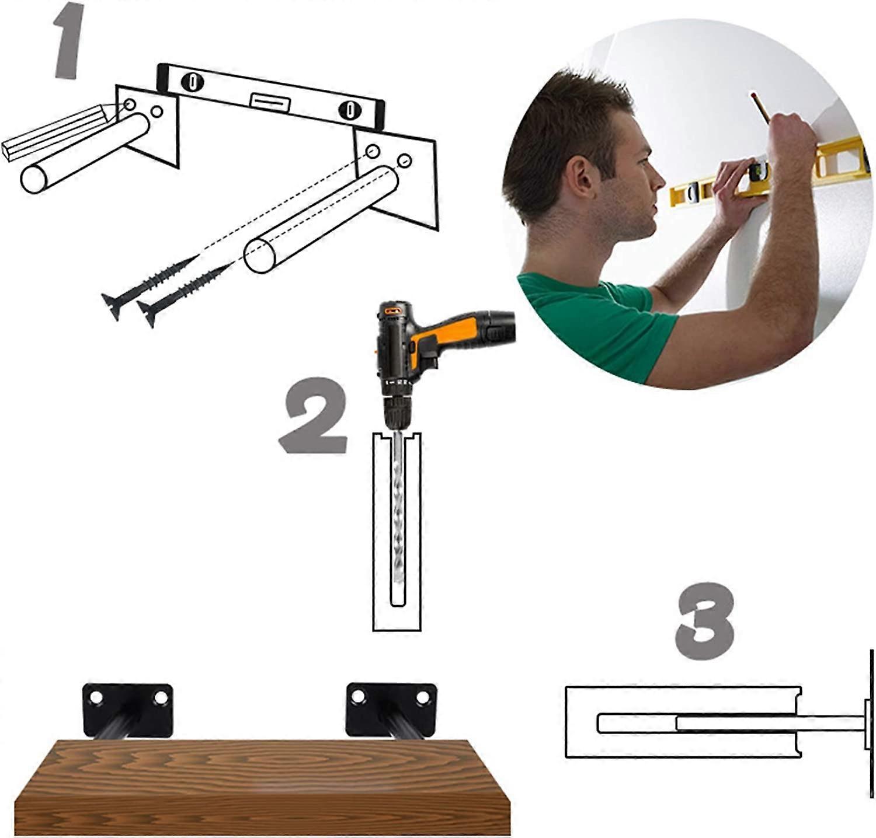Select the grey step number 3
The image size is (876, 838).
pyautogui.click(x=705, y=621)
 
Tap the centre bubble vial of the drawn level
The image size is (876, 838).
pyautogui.click(x=270, y=102)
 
